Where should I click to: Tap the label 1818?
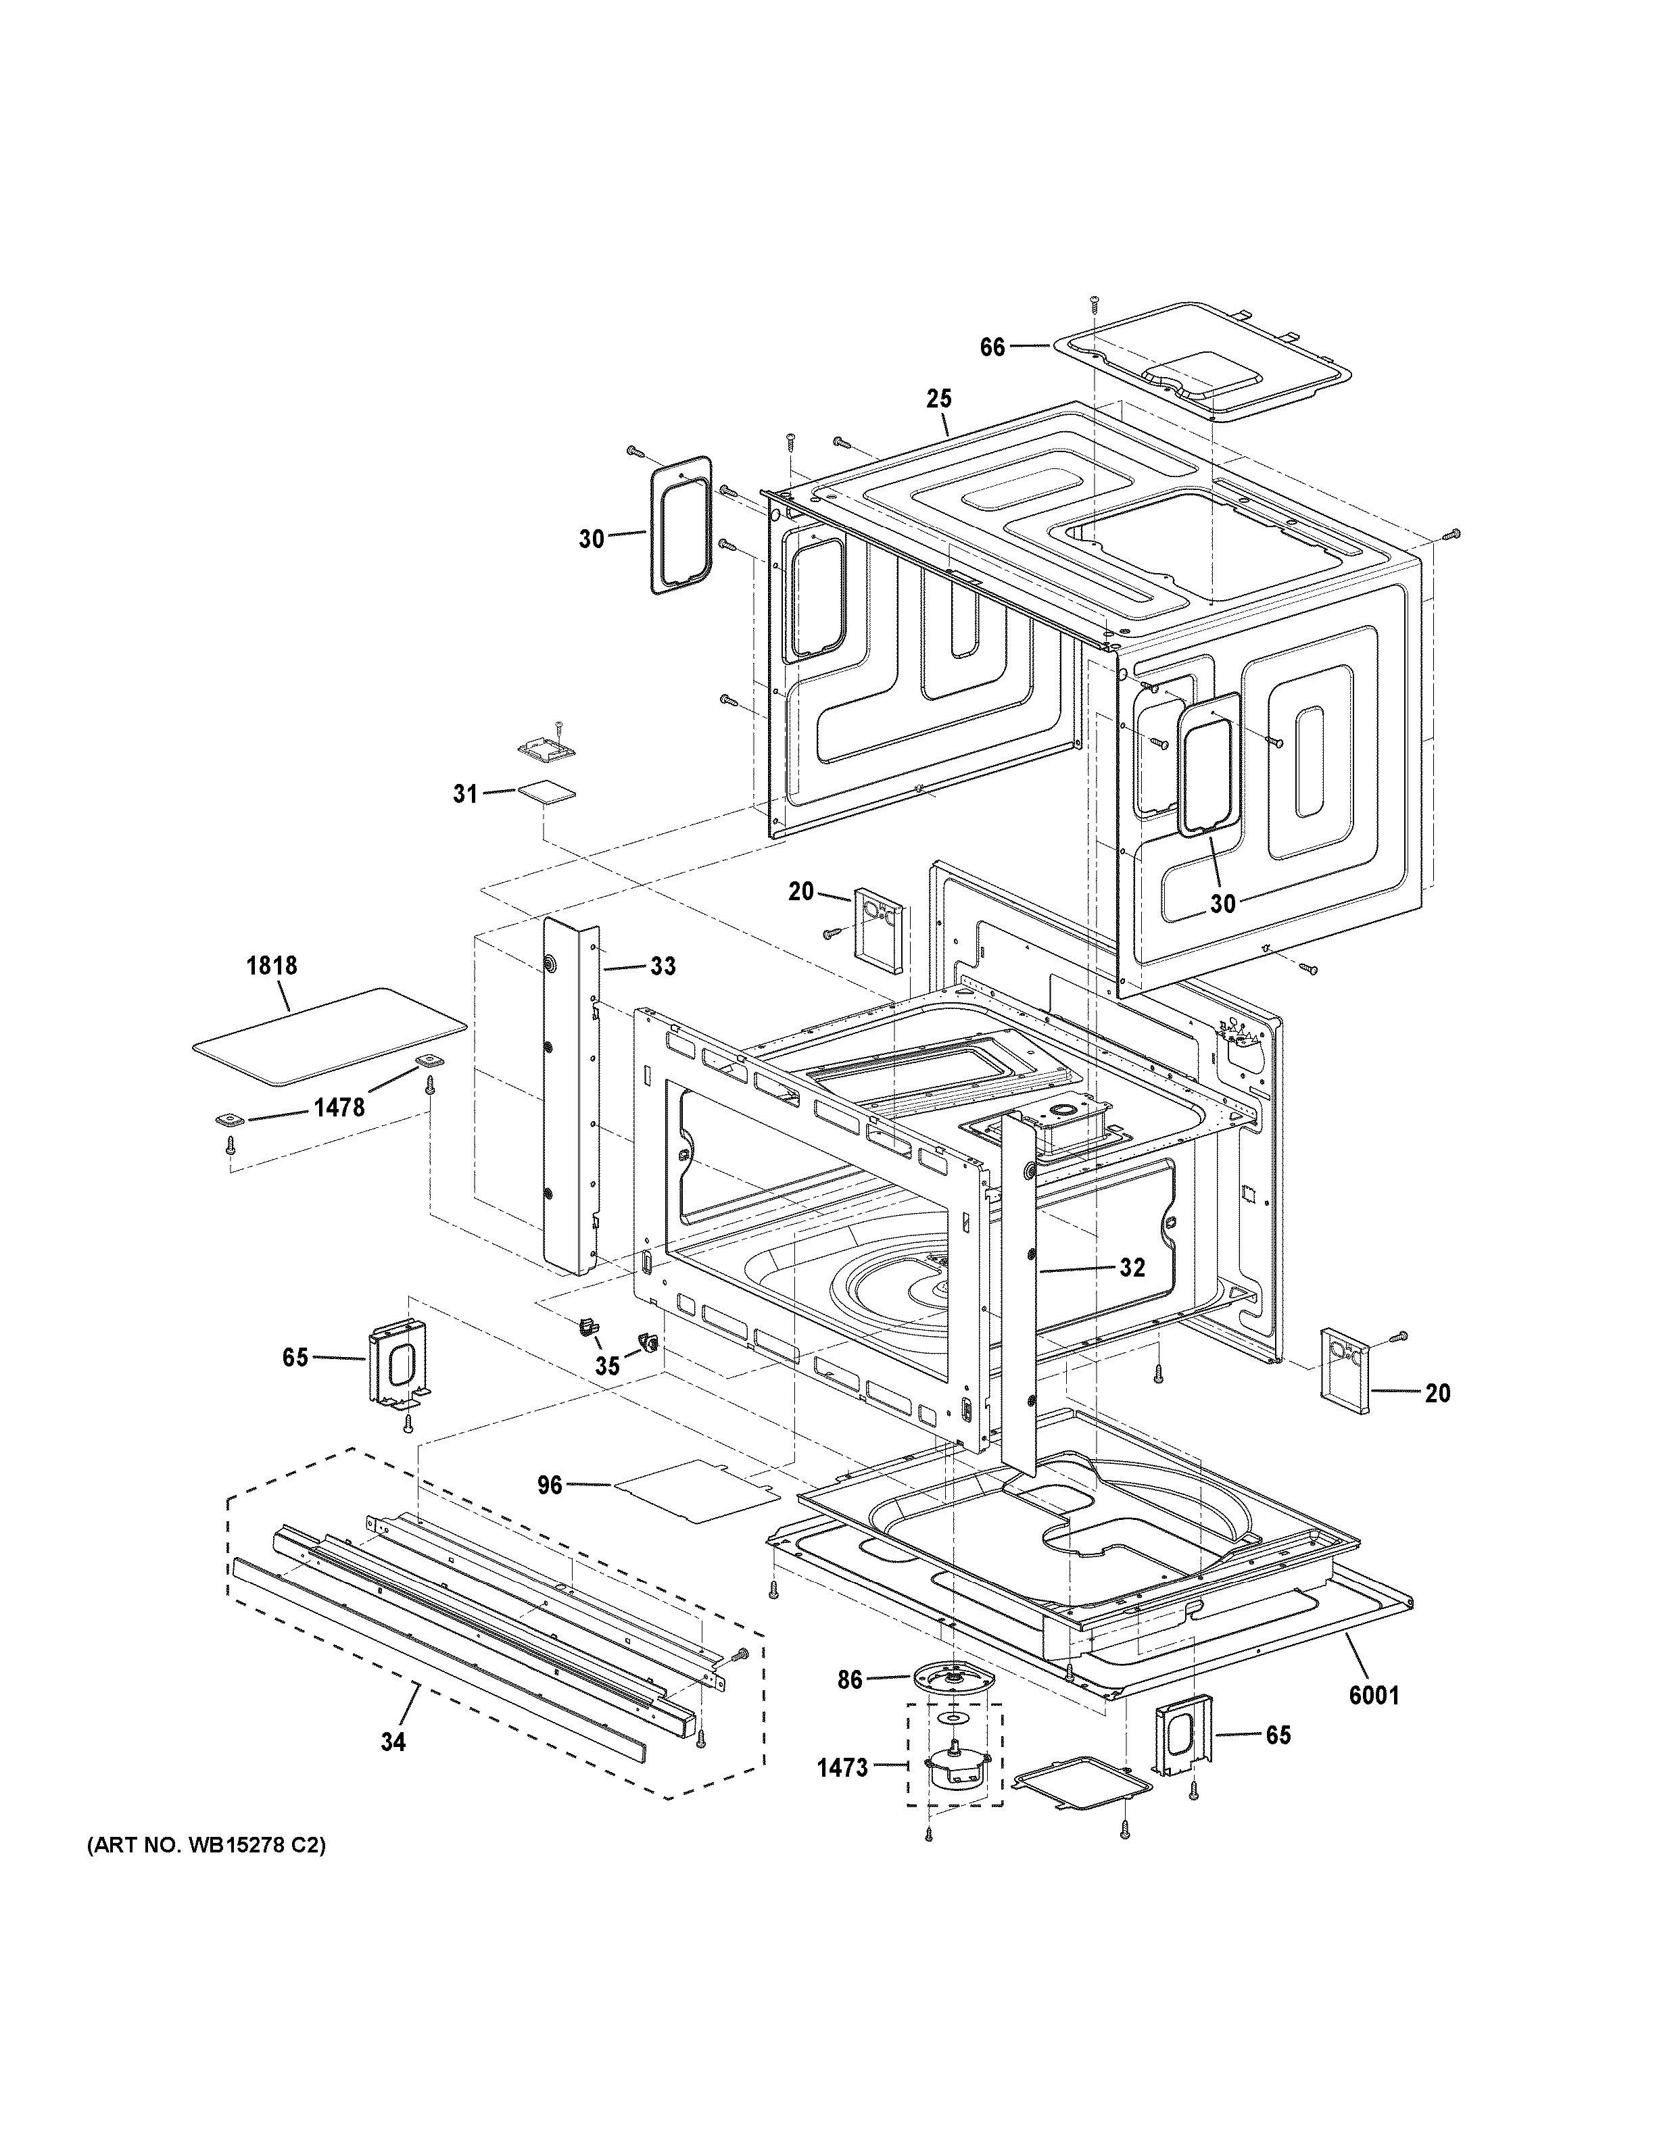click(272, 966)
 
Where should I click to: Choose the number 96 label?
click(550, 1512)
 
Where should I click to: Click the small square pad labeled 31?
click(546, 791)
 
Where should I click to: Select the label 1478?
click(339, 1107)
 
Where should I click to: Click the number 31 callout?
click(464, 794)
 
